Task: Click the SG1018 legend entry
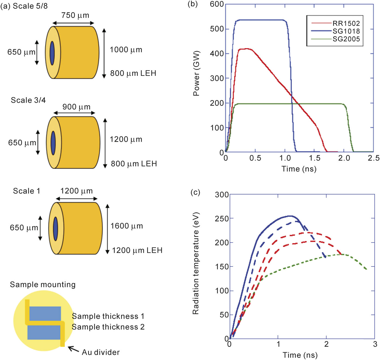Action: (346, 31)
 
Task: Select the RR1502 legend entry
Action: (346, 24)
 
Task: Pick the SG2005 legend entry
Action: (346, 39)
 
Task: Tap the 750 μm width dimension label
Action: (75, 15)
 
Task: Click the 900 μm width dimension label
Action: (76, 107)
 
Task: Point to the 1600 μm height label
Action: (126, 226)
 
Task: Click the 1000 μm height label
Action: (126, 50)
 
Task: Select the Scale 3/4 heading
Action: (28, 100)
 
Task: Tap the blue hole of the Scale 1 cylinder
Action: (56, 229)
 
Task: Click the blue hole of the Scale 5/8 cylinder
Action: (52, 53)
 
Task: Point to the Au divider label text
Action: (101, 352)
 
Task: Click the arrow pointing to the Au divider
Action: (73, 349)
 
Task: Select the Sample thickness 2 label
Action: (108, 327)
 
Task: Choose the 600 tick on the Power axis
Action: (217, 4)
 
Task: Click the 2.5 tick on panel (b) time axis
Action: (373, 158)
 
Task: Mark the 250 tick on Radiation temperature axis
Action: (222, 218)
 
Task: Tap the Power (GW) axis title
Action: (196, 73)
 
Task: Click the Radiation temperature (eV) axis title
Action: (196, 263)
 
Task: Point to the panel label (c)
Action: (195, 192)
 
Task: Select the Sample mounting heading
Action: (43, 285)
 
